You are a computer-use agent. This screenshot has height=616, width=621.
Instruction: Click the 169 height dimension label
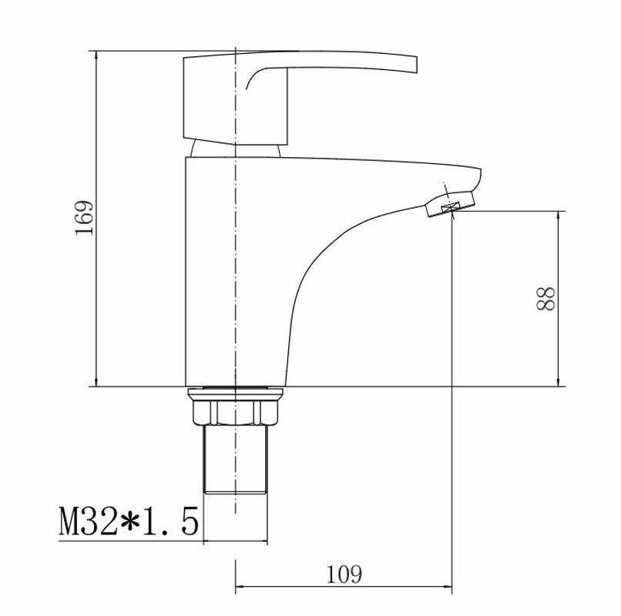(x=84, y=217)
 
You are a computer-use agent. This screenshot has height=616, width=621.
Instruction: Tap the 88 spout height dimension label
(x=545, y=298)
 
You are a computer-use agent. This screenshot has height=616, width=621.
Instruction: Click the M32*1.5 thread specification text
(x=129, y=521)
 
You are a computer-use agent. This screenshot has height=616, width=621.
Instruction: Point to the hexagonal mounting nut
(x=235, y=412)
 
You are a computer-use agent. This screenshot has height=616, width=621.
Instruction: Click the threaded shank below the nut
(x=235, y=459)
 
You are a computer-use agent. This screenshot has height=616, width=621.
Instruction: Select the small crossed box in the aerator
(x=451, y=207)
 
